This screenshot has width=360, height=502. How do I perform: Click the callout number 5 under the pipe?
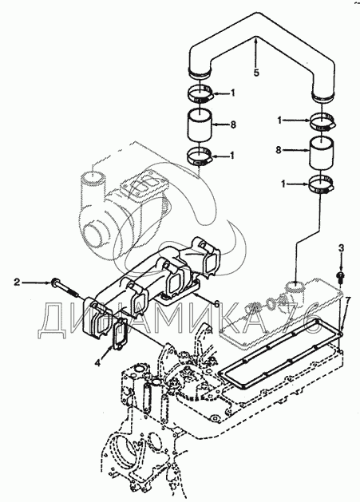[256, 73]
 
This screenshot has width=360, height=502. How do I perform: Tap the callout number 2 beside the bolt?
[17, 282]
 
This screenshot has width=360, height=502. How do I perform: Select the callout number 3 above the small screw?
[342, 247]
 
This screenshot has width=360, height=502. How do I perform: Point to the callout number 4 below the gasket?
[97, 363]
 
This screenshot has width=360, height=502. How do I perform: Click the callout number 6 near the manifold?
[217, 304]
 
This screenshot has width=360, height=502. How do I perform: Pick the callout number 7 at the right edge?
[348, 301]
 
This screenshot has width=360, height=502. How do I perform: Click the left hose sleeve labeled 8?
[200, 125]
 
